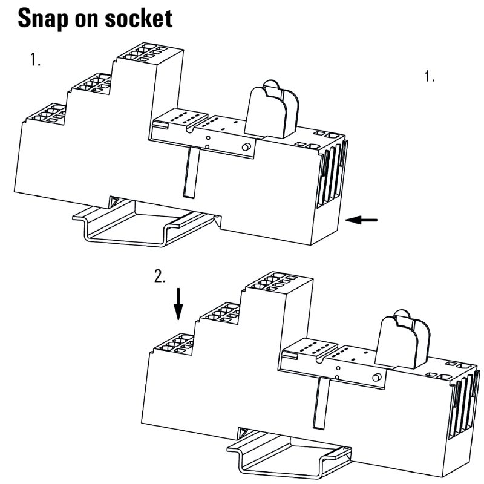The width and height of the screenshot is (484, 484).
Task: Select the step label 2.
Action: coord(160,276)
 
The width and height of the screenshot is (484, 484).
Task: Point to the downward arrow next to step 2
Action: coord(178,304)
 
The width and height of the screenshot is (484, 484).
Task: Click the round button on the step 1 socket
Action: coord(246,148)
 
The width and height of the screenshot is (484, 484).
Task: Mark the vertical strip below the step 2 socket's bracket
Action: coord(321,402)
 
